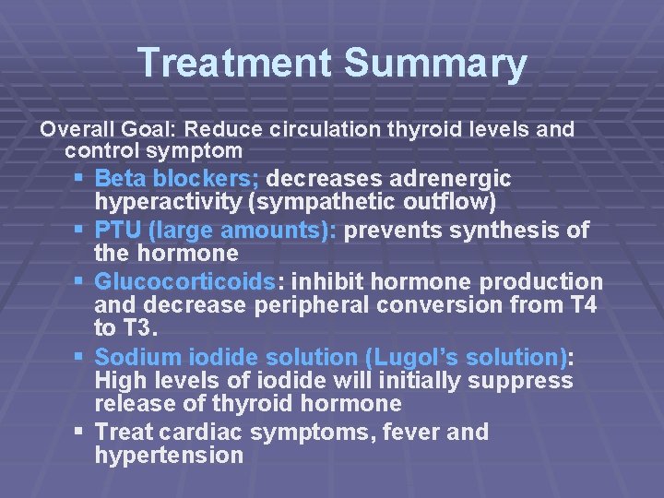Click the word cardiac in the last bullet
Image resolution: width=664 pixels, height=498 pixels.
[x=197, y=432]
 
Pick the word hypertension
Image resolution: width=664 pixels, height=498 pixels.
[x=169, y=456]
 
